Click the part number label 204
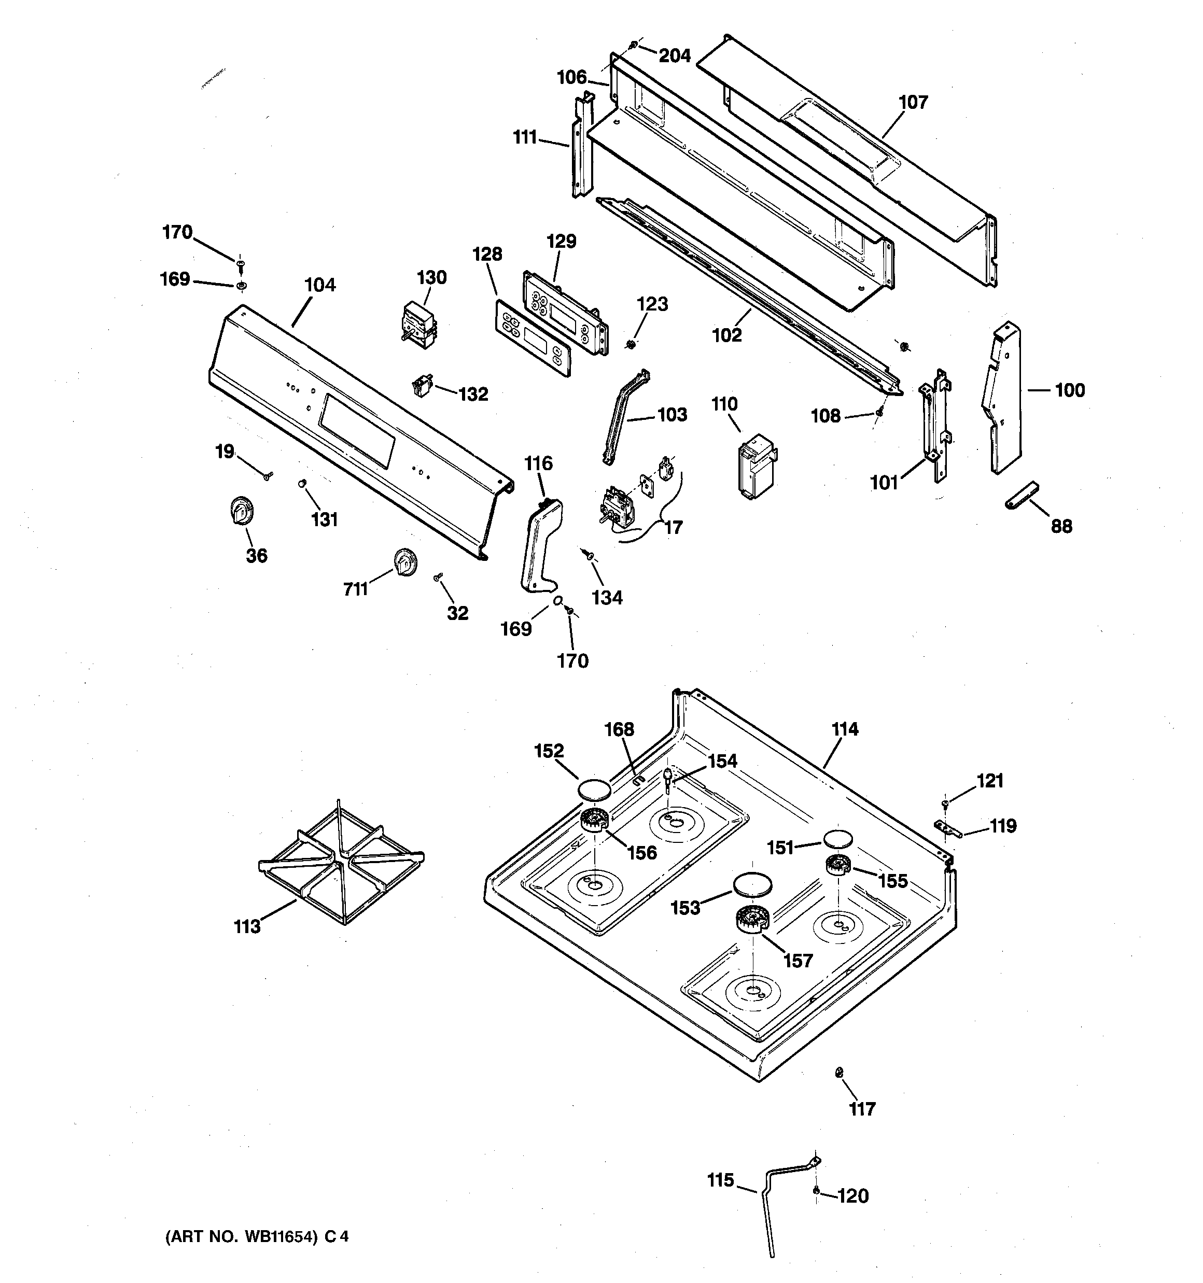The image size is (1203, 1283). pyautogui.click(x=674, y=56)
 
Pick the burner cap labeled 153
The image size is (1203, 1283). pyautogui.click(x=752, y=883)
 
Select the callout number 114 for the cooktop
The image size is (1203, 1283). pyautogui.click(x=845, y=729)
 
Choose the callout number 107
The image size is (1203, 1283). pyautogui.click(x=913, y=102)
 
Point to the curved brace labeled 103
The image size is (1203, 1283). pyautogui.click(x=624, y=417)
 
